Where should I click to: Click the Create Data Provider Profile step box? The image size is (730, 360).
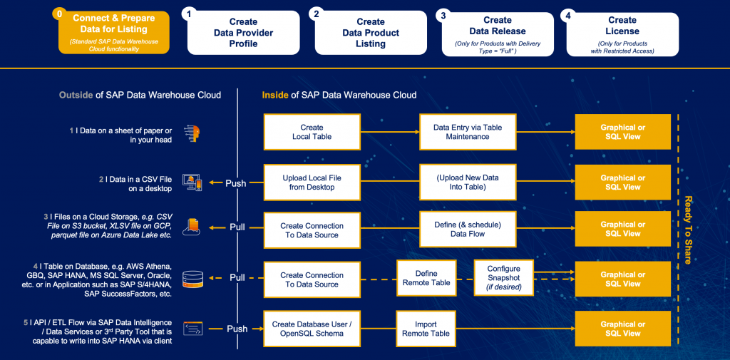coord(244,33)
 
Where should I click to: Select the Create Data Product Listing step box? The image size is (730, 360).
coord(371,33)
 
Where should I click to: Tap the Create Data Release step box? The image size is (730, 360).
coord(498,34)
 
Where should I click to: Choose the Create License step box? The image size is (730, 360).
coord(622,34)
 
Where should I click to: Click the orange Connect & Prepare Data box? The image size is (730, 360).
coord(113,33)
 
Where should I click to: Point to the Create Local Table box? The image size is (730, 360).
coord(312,132)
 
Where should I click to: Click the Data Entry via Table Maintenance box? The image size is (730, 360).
coord(468,132)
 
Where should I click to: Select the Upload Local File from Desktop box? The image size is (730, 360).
coord(312,182)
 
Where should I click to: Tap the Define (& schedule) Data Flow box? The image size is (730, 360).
coord(468,229)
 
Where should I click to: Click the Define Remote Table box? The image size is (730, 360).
coord(426,278)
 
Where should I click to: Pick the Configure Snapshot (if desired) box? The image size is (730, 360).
coord(503,278)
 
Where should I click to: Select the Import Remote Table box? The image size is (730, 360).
coord(426,329)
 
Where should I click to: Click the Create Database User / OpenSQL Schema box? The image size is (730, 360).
coord(312,329)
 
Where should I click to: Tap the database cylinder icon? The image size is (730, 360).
coord(192,279)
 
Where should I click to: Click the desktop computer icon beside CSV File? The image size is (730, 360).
coord(192,182)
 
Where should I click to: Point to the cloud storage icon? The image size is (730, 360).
coord(192,227)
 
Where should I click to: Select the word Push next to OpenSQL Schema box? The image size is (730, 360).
coord(237,329)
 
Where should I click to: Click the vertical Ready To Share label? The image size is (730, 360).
coord(688,230)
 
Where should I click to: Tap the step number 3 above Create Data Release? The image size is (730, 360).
coord(443,16)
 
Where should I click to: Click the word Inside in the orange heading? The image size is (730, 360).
coord(274,96)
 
